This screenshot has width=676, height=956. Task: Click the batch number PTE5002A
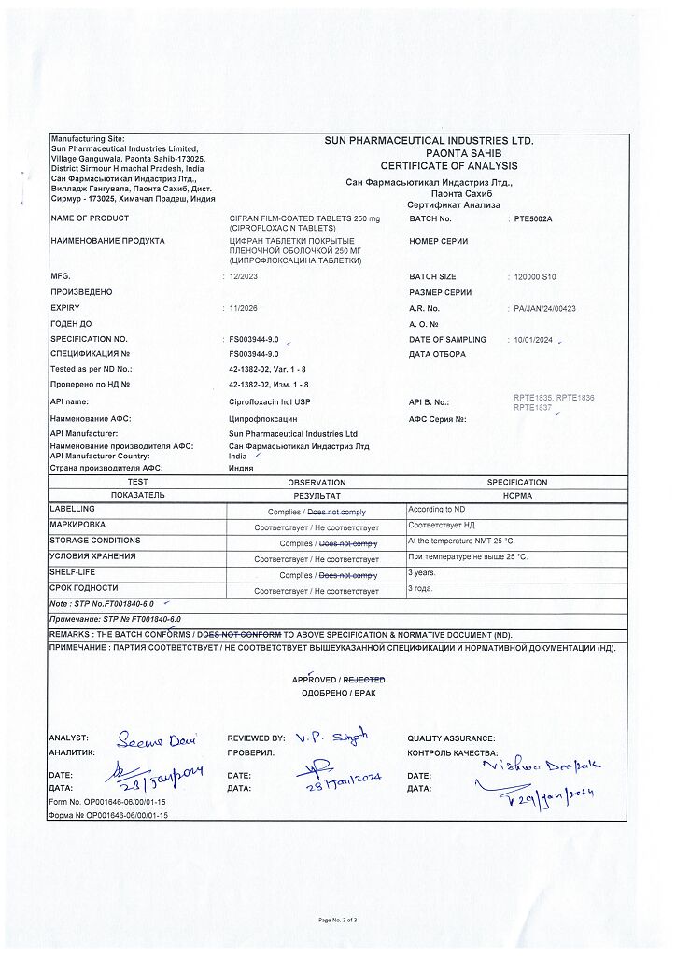tap(533, 218)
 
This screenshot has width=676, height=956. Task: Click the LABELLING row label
tap(72, 509)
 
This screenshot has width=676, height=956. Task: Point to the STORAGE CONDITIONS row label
tap(95, 541)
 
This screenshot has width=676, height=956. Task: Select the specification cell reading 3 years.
tap(423, 572)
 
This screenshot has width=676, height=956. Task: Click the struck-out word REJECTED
tap(363, 680)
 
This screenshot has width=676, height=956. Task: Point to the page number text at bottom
tap(337, 920)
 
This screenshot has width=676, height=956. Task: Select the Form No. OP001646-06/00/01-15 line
tap(107, 802)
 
